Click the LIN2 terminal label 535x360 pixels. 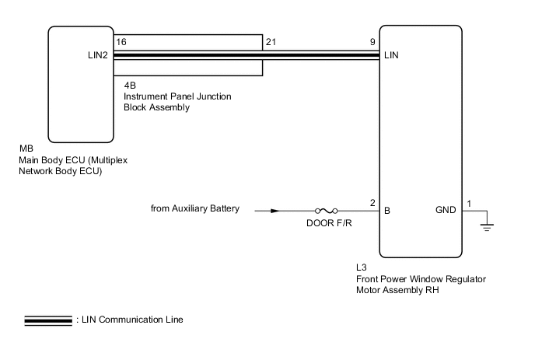(100, 56)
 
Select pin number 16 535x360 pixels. (121, 40)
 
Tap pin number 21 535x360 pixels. (271, 40)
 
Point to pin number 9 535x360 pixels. (374, 40)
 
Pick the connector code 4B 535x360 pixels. (130, 86)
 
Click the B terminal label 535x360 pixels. (386, 210)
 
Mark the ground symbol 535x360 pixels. (488, 225)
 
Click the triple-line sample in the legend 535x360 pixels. (47, 320)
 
